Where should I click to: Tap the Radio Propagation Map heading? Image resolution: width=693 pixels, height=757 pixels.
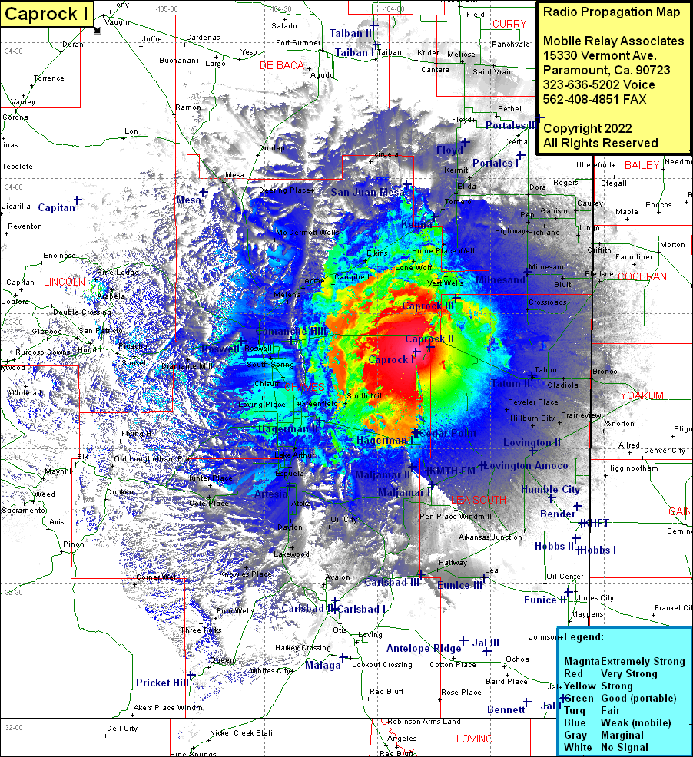point(612,12)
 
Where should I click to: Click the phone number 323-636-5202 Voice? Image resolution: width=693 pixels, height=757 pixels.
point(598,84)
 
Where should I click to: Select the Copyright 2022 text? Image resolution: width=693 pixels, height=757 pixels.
point(587,128)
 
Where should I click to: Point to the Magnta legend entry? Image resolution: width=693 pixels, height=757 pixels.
point(582,661)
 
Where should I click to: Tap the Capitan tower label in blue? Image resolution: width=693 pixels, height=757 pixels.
point(56,207)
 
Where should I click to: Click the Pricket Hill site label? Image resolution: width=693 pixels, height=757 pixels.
point(162,683)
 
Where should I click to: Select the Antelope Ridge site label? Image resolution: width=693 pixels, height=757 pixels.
point(423,648)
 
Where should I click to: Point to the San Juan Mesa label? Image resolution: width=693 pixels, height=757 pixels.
point(366,192)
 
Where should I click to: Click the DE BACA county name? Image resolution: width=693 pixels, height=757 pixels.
point(282,65)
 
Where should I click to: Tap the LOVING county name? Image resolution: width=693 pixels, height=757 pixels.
point(474,739)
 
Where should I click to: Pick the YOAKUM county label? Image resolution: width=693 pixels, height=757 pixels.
point(642,395)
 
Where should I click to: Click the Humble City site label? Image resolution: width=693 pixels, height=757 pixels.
point(550,489)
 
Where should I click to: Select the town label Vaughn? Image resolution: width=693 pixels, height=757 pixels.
point(118,22)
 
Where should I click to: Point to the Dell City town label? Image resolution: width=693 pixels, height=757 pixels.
point(122,728)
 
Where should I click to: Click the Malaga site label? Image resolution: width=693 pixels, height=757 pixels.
point(322,666)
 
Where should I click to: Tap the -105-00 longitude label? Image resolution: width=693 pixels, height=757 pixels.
point(166,8)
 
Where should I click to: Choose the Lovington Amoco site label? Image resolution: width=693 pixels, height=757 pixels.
point(526,466)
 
